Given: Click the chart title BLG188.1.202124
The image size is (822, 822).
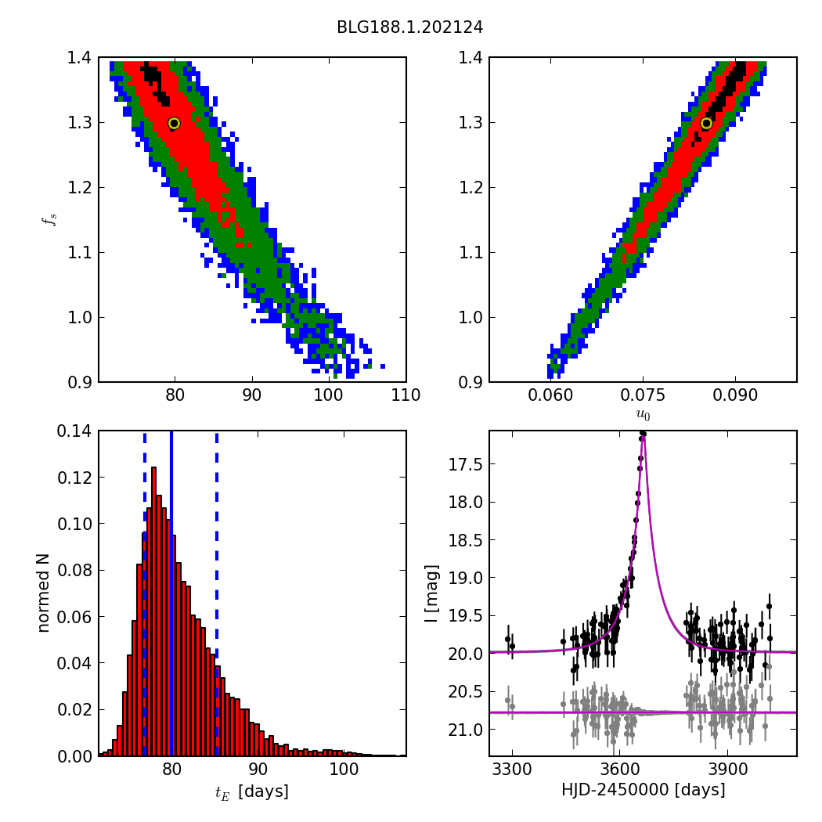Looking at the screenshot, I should click(x=409, y=27).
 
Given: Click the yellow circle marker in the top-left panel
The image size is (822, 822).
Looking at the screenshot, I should click(x=174, y=123).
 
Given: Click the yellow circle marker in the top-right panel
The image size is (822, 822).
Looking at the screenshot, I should click(x=706, y=123).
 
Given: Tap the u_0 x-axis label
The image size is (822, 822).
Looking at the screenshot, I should click(x=643, y=416).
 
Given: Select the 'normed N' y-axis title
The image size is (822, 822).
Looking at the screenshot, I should click(x=45, y=593).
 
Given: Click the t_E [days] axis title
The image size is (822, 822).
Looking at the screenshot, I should click(x=252, y=791).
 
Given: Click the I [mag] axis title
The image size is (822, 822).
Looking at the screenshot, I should click(x=431, y=593).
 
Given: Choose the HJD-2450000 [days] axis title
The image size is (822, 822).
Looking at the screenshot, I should click(x=643, y=790).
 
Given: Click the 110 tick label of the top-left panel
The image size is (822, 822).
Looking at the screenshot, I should click(x=406, y=395).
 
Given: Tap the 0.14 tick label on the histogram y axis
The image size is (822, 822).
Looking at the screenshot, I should click(x=72, y=431).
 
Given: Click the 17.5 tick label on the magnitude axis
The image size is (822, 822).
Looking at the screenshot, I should click(x=463, y=465).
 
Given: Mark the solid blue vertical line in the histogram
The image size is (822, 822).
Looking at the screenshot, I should click(x=171, y=595).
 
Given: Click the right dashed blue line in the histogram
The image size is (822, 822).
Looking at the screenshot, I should click(x=216, y=595).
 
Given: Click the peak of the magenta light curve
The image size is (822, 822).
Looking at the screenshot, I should click(x=642, y=435).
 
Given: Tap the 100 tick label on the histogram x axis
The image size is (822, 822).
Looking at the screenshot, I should click(x=344, y=770).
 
